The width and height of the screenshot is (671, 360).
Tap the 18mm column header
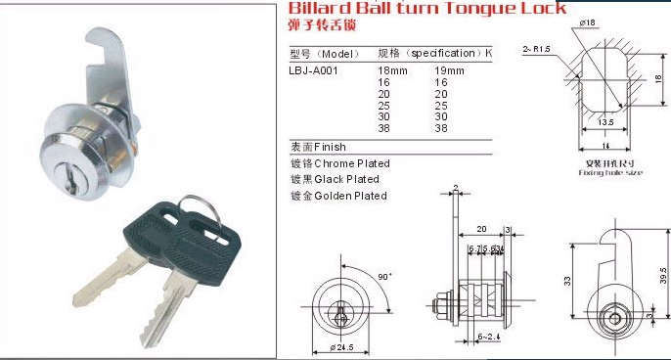tap(391, 70)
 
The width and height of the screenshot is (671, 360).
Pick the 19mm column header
tap(448, 70)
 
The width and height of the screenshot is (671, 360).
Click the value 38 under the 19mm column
tap(440, 128)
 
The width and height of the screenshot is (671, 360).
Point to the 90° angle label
tap(387, 277)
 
